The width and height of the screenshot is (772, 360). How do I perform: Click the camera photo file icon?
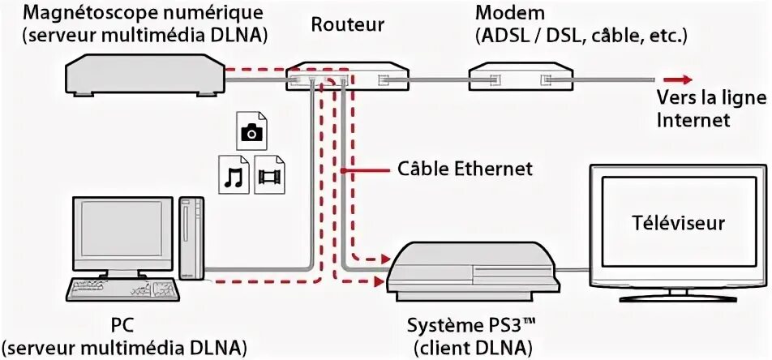[250, 130]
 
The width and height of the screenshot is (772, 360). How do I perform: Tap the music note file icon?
[234, 174]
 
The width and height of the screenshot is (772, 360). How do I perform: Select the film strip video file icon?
[270, 174]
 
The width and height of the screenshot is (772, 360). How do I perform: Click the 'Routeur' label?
[347, 25]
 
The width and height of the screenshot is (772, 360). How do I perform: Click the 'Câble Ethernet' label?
[465, 169]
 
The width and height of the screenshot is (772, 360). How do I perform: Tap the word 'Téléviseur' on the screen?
[678, 223]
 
